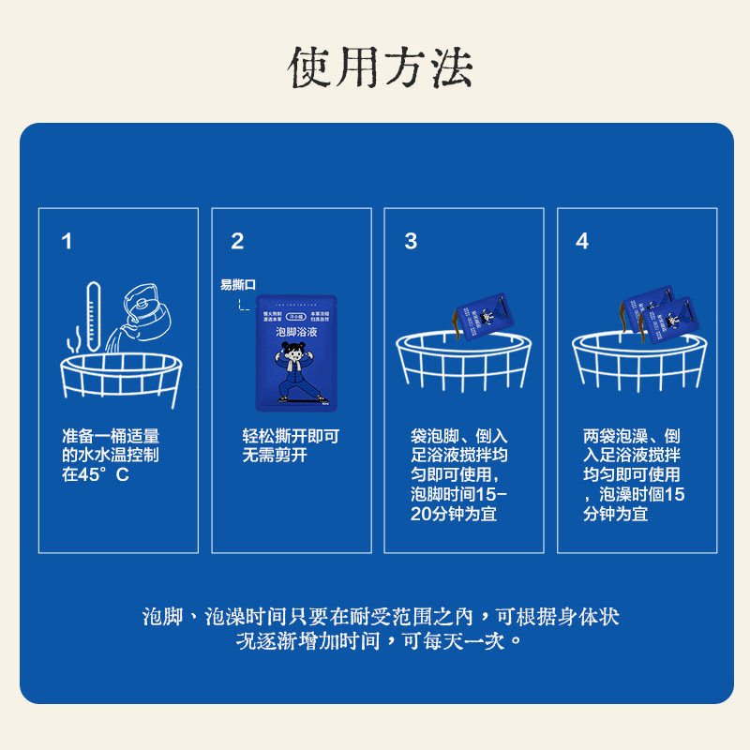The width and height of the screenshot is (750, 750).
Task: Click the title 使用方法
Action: point(381,67)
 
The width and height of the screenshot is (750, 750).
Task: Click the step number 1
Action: point(67,242)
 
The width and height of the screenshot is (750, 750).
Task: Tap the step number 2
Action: point(237,242)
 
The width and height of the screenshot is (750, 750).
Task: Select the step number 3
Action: point(411,242)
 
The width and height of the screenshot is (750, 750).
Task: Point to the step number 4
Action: point(582,242)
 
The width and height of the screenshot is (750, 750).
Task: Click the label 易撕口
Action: point(237,284)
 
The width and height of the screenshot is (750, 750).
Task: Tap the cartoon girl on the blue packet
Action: point(296,372)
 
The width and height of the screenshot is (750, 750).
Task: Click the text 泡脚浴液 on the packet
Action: point(296,333)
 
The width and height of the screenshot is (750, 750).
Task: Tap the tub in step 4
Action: point(637,366)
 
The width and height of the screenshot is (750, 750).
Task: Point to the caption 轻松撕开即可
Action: point(291,437)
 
